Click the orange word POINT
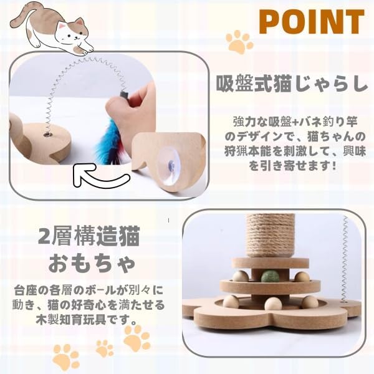[311, 22]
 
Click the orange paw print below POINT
[239, 44]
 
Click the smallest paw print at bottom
[104, 347]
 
